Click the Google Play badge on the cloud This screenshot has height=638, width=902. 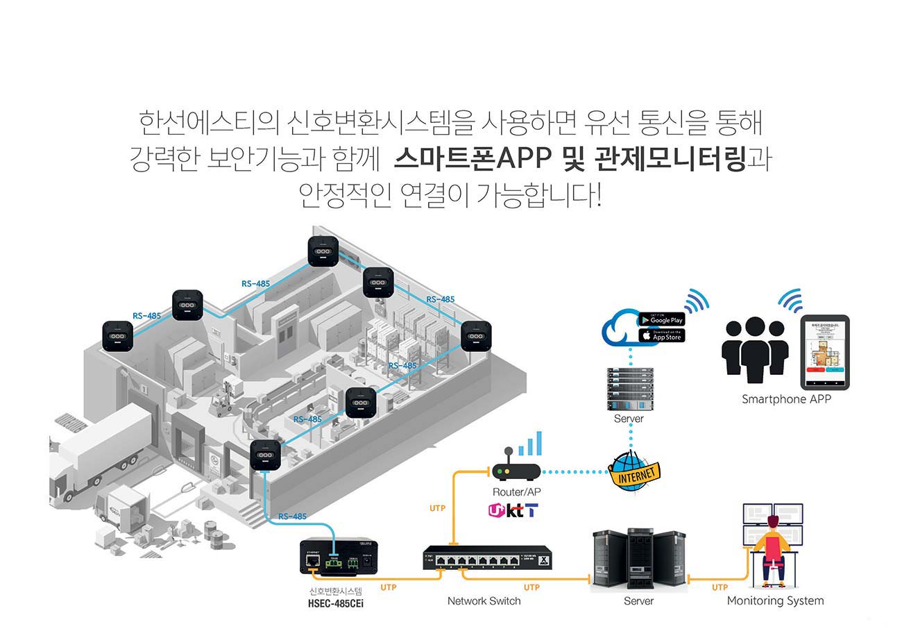[x=661, y=319]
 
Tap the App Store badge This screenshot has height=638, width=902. [x=661, y=335]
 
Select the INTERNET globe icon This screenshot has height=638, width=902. [x=633, y=473]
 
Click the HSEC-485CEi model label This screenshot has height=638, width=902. [x=336, y=603]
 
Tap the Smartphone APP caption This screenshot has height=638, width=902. [x=786, y=399]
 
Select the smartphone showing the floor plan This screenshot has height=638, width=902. [x=826, y=353]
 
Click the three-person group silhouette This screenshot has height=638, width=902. [x=755, y=351]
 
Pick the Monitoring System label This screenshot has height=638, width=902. [x=775, y=601]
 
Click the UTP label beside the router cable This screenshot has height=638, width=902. [x=437, y=509]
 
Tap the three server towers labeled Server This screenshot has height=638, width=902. [x=638, y=560]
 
